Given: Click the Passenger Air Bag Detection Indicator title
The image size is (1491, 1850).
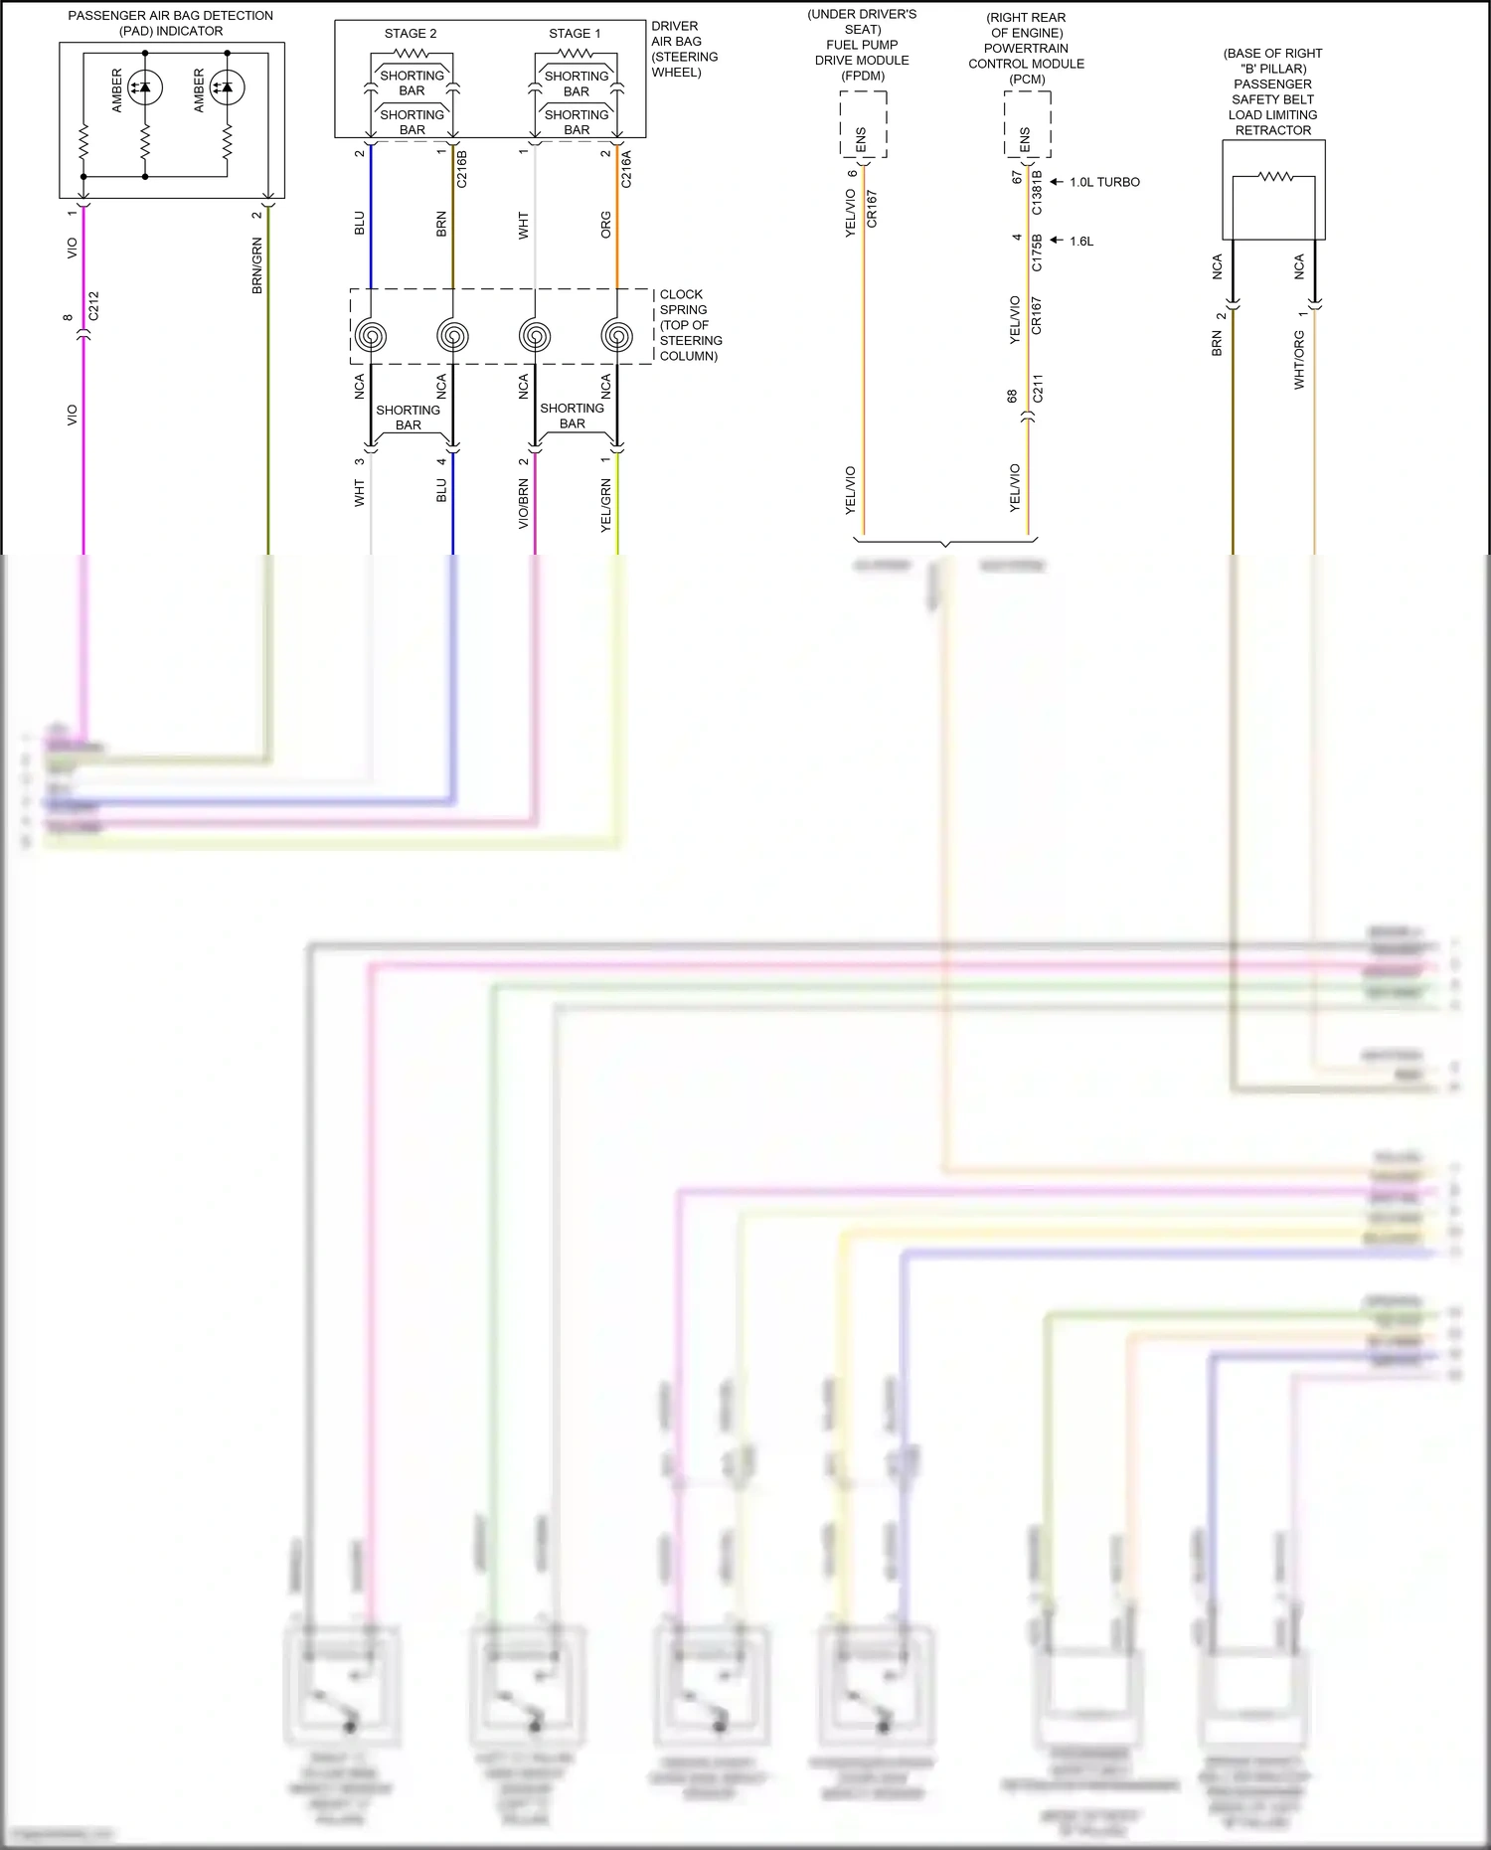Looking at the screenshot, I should [170, 23].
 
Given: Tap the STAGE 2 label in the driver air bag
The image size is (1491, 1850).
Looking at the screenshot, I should [411, 34].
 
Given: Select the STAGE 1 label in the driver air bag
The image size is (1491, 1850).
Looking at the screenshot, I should [575, 34].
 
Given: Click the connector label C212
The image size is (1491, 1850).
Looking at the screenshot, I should [93, 306].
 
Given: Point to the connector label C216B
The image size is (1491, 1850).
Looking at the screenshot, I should [461, 169].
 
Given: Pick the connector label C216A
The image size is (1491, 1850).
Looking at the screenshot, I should [626, 169].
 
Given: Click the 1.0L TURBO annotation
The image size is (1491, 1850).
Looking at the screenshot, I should [1104, 183].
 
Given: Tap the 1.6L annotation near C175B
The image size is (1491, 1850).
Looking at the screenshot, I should [1081, 242].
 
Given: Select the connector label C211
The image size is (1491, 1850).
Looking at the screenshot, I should [1038, 389].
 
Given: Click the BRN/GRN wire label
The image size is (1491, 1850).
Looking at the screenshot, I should [256, 265].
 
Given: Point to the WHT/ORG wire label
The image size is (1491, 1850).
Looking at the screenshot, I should [1299, 360].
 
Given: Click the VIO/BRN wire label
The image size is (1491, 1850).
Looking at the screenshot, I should [524, 504].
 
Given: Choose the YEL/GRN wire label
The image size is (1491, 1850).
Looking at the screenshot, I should [605, 505].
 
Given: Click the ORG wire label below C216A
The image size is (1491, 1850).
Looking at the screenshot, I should [605, 225].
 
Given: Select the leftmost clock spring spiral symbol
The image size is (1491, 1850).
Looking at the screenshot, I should [371, 336].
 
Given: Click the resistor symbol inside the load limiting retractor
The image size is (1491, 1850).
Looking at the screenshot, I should [1274, 177].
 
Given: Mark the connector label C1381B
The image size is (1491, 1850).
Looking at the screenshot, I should [1038, 193].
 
